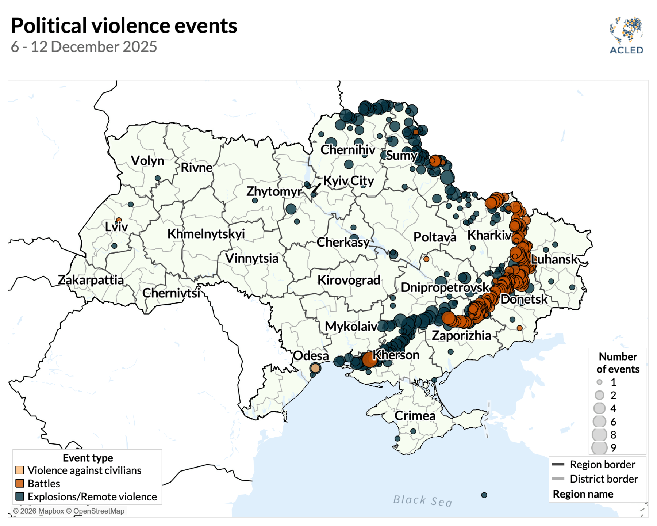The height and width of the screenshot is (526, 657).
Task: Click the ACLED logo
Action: tap(626, 35)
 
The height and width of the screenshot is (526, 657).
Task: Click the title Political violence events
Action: tap(124, 26)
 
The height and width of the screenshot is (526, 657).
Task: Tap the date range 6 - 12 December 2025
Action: tap(84, 47)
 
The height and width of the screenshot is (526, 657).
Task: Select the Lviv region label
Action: tap(116, 227)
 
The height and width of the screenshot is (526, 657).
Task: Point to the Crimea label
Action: tap(415, 416)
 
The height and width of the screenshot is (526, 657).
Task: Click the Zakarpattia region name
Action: tap(91, 280)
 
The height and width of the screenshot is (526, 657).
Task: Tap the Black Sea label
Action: tap(423, 500)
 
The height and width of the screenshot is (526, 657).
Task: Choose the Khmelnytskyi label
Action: tap(206, 234)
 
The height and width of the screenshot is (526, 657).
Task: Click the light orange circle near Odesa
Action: tap(315, 368)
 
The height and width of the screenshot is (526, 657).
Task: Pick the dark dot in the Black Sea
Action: tap(484, 495)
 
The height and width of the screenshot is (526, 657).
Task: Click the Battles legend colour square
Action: tap(20, 483)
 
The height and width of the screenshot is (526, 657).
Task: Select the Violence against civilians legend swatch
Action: tap(20, 470)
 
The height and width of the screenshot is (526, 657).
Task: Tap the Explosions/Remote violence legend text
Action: tap(92, 497)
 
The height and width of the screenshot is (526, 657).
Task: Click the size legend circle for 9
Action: tap(599, 447)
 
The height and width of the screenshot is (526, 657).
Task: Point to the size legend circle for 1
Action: tap(599, 382)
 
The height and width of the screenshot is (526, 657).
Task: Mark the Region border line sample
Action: tap(558, 464)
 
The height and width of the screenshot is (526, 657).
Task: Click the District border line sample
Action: tap(558, 479)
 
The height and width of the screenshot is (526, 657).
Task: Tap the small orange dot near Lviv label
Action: tap(119, 220)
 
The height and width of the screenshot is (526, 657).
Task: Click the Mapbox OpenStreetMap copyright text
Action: tap(69, 511)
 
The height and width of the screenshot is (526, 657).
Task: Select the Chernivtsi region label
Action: tap(171, 293)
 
